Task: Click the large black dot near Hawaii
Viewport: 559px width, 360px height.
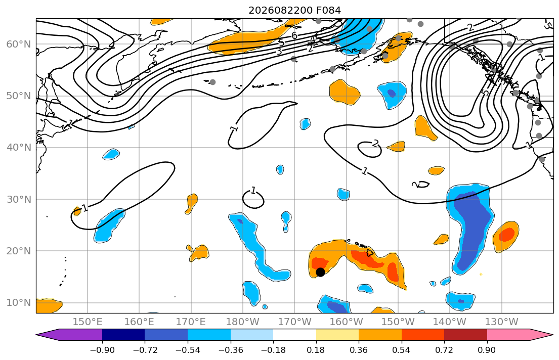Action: click(320, 272)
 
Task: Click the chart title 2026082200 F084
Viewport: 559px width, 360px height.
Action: click(294, 10)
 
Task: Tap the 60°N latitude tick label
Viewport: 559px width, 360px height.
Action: click(19, 44)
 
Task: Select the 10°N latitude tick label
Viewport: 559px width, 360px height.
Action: click(19, 303)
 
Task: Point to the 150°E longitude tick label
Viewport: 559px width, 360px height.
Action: click(88, 322)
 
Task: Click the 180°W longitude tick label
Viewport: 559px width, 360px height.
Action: click(242, 322)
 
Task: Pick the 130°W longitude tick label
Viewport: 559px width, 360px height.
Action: click(502, 322)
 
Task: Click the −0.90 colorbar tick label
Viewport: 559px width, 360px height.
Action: click(102, 350)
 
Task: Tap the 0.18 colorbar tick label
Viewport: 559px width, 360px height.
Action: click(316, 350)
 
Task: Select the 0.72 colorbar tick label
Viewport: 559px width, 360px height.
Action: click(444, 350)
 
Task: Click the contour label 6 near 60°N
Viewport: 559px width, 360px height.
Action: click(294, 35)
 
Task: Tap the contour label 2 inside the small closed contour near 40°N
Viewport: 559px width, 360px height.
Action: click(375, 144)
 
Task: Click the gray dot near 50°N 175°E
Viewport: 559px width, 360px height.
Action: click(212, 82)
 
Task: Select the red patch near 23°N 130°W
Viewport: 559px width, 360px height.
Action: click(507, 235)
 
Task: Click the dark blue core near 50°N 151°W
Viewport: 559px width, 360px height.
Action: click(392, 94)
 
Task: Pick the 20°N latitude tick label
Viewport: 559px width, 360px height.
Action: click(19, 251)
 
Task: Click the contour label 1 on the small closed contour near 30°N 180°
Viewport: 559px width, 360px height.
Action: click(253, 191)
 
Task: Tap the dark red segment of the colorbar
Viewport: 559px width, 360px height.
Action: click(465, 335)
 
